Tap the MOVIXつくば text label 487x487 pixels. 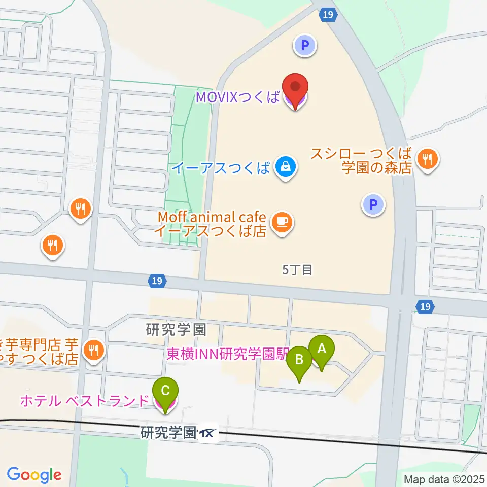coord(237,97)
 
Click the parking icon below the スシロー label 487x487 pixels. coord(373,205)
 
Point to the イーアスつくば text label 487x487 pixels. coord(221,168)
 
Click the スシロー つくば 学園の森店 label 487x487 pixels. coord(361,161)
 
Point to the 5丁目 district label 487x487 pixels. coord(297,270)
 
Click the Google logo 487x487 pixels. coord(34,475)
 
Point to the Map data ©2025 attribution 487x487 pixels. coord(443,479)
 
